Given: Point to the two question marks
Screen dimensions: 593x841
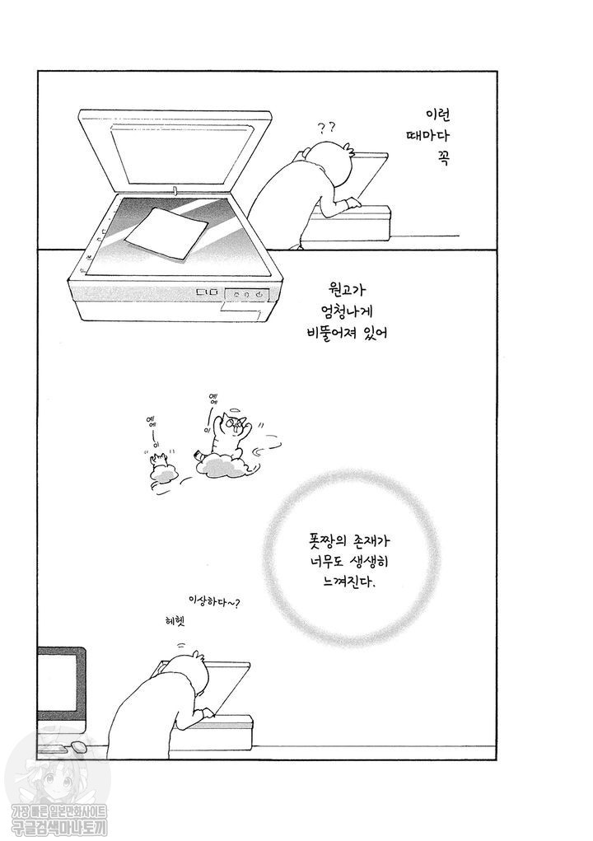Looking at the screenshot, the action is tap(326, 127).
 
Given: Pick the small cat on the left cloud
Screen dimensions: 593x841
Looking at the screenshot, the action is tap(161, 466).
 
